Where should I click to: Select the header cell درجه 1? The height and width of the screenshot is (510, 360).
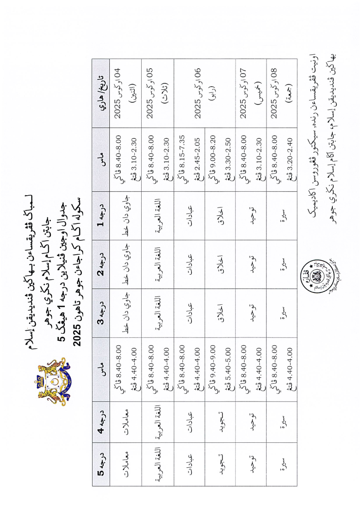click(103, 217)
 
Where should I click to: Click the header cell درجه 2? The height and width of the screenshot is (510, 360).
click(103, 264)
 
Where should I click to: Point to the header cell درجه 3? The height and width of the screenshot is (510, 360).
click(103, 313)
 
